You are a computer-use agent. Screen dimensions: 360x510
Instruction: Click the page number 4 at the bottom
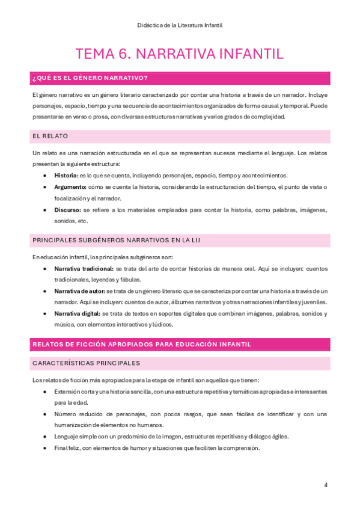(x=326, y=485)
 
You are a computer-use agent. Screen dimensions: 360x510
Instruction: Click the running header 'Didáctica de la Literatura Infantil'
(x=180, y=25)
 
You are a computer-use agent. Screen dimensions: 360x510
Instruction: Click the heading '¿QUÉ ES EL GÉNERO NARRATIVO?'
(x=90, y=78)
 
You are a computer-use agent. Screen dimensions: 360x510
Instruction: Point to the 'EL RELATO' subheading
(x=50, y=137)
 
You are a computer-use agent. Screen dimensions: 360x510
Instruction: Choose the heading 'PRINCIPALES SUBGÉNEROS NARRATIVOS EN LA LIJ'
(x=117, y=240)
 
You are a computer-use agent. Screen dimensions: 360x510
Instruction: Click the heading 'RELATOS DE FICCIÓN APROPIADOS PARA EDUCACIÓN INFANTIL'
(x=141, y=344)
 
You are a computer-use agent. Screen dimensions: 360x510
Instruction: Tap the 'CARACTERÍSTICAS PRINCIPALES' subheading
(x=86, y=363)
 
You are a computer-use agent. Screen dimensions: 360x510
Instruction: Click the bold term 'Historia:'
(x=66, y=176)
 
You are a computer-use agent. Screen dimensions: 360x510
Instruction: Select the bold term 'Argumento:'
(x=70, y=187)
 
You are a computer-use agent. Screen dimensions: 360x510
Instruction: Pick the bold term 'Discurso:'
(x=68, y=210)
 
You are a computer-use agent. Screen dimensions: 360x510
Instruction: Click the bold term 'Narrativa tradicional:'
(x=84, y=268)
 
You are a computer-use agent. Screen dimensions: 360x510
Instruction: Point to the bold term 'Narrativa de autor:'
(x=79, y=290)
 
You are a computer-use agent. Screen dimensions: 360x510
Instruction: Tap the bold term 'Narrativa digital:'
(x=78, y=313)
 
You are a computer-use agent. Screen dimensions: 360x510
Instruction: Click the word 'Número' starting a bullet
(x=66, y=414)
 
